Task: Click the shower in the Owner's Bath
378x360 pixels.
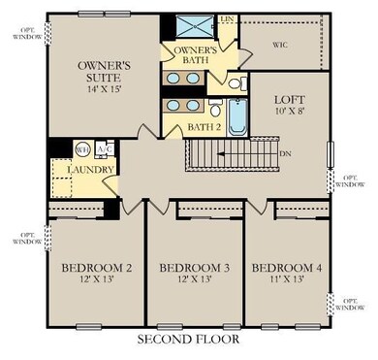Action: click(196, 26)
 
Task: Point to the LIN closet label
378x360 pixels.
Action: click(228, 18)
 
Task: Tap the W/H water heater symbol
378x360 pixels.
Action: click(82, 149)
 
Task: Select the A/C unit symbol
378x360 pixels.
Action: click(105, 149)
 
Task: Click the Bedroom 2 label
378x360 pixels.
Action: click(95, 268)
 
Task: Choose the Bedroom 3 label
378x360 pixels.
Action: click(193, 268)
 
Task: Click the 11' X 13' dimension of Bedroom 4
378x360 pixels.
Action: click(286, 281)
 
